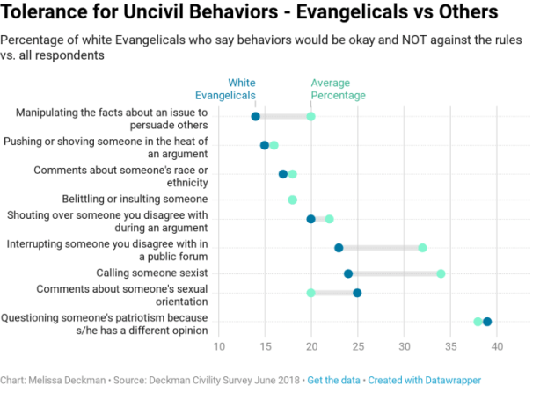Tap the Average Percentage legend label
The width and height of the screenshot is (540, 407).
coord(338,89)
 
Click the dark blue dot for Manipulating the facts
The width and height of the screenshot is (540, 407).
coord(255,116)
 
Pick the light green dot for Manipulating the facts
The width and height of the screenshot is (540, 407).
coord(310,116)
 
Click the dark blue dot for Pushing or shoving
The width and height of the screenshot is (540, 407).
coord(265,145)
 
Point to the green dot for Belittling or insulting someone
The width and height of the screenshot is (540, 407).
coord(292,200)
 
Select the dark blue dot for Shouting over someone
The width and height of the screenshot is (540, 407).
coord(310,219)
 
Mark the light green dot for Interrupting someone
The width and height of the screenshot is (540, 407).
coord(422,248)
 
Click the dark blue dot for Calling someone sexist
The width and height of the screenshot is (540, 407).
coord(348,273)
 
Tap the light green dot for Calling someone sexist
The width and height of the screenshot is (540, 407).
coord(441,273)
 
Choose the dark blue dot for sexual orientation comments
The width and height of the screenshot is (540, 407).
coord(357,293)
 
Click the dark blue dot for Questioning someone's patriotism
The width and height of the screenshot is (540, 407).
coord(487,322)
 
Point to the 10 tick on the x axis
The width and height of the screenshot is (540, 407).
coord(218,347)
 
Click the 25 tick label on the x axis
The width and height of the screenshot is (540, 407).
coord(357,347)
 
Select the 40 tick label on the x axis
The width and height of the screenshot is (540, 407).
coord(496,347)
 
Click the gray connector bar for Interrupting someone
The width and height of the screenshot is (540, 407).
coord(380,248)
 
